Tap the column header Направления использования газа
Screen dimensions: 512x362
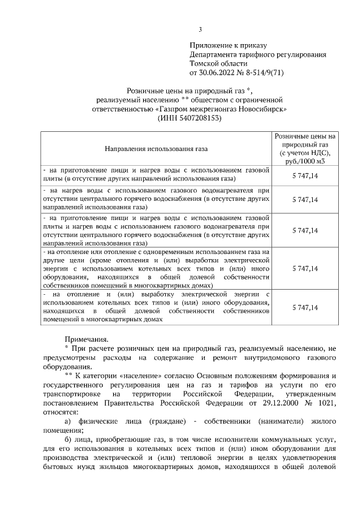point(156,149)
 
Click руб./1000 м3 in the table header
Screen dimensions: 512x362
point(305,161)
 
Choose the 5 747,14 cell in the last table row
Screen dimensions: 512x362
point(305,307)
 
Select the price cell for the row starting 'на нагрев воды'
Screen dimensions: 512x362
point(305,200)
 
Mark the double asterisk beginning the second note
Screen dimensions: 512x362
point(68,376)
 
